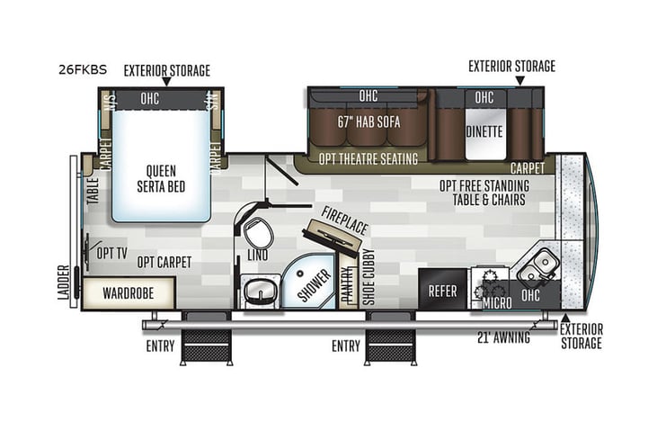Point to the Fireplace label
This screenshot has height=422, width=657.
coord(345,221)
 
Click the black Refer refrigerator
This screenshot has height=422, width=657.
coord(442,291)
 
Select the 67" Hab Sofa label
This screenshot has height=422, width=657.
coord(368,121)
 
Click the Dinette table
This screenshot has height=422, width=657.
coord(485,130)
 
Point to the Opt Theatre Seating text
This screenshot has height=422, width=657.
coord(368,159)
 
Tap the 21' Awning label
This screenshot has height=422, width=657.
coord(504,338)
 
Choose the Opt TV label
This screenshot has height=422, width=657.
coord(112,252)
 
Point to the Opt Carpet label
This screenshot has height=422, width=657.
coord(164,262)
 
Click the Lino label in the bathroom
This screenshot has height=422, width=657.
coord(257,262)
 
